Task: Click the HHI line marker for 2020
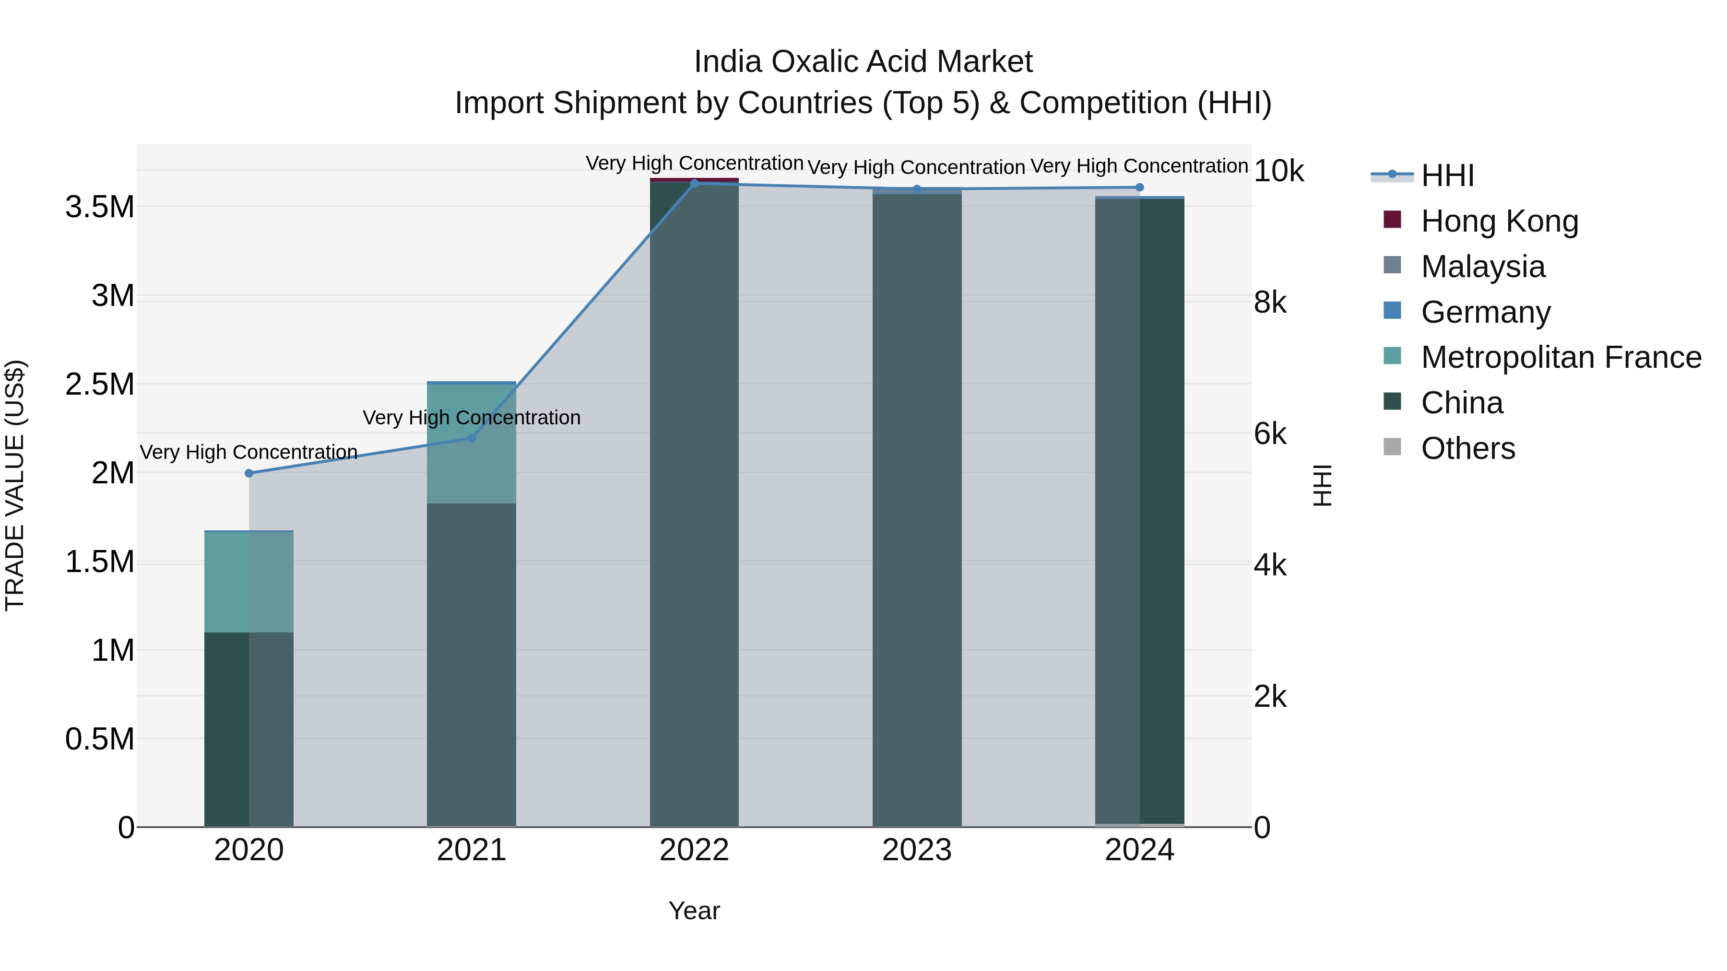click(x=248, y=473)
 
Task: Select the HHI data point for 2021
click(x=471, y=438)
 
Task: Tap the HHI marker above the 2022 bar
click(x=694, y=184)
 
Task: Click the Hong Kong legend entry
click(x=1499, y=221)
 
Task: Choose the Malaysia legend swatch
click(x=1392, y=265)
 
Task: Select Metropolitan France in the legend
click(x=1561, y=357)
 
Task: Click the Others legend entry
click(x=1467, y=448)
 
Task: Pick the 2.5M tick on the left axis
click(x=99, y=385)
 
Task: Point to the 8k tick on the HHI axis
click(x=1270, y=303)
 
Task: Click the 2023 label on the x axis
click(x=916, y=850)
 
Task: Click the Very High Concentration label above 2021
click(x=471, y=418)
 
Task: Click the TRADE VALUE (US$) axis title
click(x=15, y=485)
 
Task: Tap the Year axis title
click(x=694, y=911)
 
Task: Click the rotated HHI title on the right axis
click(x=1322, y=485)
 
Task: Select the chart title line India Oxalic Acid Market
click(x=863, y=62)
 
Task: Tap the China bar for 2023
click(x=916, y=509)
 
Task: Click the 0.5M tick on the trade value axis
click(x=99, y=739)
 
